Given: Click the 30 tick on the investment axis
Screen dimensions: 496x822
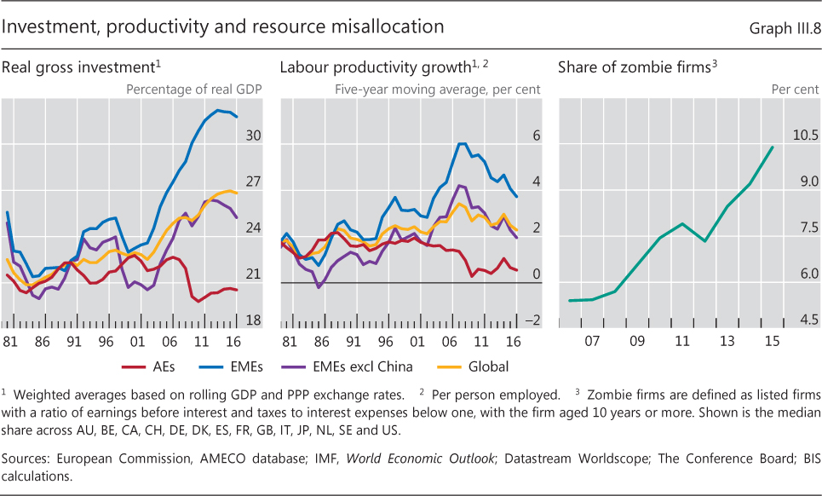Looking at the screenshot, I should pos(253,136).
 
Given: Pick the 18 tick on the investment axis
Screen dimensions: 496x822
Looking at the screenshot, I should pos(253,320).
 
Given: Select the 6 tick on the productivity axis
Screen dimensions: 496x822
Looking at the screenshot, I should pos(537,136).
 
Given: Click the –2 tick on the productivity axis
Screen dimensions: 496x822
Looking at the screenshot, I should pos(533,320).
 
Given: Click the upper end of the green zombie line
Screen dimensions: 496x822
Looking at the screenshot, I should pos(772,147).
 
